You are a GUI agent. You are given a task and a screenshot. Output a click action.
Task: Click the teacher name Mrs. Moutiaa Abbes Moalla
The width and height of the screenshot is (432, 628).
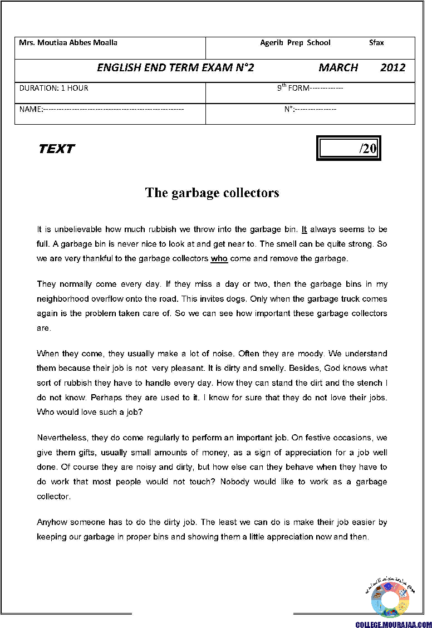[68, 43]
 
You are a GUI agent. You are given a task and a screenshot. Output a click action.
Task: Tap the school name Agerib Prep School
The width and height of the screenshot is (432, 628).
[295, 43]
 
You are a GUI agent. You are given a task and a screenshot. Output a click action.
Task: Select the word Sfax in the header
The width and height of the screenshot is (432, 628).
[376, 43]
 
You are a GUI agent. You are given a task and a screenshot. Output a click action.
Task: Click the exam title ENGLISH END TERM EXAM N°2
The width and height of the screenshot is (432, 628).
[175, 68]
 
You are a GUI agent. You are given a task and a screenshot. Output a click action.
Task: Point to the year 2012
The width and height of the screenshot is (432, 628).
[393, 68]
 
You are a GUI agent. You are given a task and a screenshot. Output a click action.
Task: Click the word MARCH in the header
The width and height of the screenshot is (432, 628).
[338, 68]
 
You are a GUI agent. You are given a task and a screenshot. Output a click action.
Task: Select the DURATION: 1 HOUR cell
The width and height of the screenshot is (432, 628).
[53, 88]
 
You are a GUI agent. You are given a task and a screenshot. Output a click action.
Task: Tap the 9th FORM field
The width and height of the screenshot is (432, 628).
[310, 88]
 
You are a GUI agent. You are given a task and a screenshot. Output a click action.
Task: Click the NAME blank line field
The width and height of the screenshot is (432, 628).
[101, 109]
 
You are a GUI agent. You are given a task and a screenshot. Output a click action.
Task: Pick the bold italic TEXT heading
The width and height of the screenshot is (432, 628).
[56, 149]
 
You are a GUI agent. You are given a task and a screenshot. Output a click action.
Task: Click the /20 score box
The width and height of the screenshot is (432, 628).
[349, 149]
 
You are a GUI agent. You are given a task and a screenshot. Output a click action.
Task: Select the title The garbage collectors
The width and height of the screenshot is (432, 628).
[212, 193]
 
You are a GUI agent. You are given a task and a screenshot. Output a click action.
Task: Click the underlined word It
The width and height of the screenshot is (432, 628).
[304, 229]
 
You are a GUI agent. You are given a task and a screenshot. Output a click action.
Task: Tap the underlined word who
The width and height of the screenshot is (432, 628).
[219, 258]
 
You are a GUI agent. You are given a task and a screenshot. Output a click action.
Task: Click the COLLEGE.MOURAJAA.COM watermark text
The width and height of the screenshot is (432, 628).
[393, 624]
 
